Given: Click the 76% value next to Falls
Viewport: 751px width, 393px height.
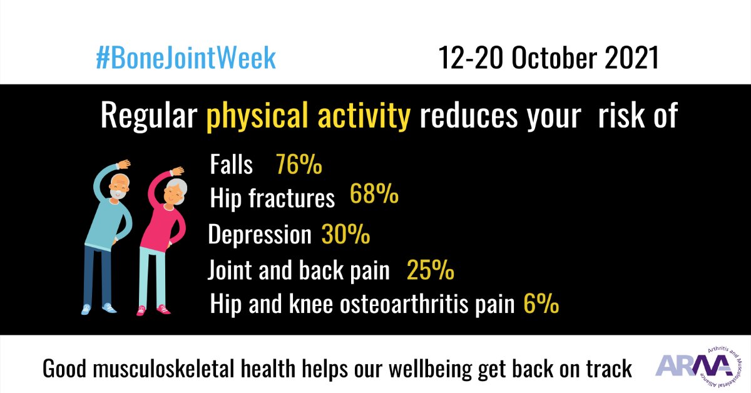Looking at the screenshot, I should click(299, 165).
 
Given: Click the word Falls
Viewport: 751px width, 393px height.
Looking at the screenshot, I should click(232, 165).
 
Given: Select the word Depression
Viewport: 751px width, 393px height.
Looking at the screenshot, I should click(259, 235).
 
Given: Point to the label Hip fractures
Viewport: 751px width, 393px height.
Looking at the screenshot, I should click(272, 198).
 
